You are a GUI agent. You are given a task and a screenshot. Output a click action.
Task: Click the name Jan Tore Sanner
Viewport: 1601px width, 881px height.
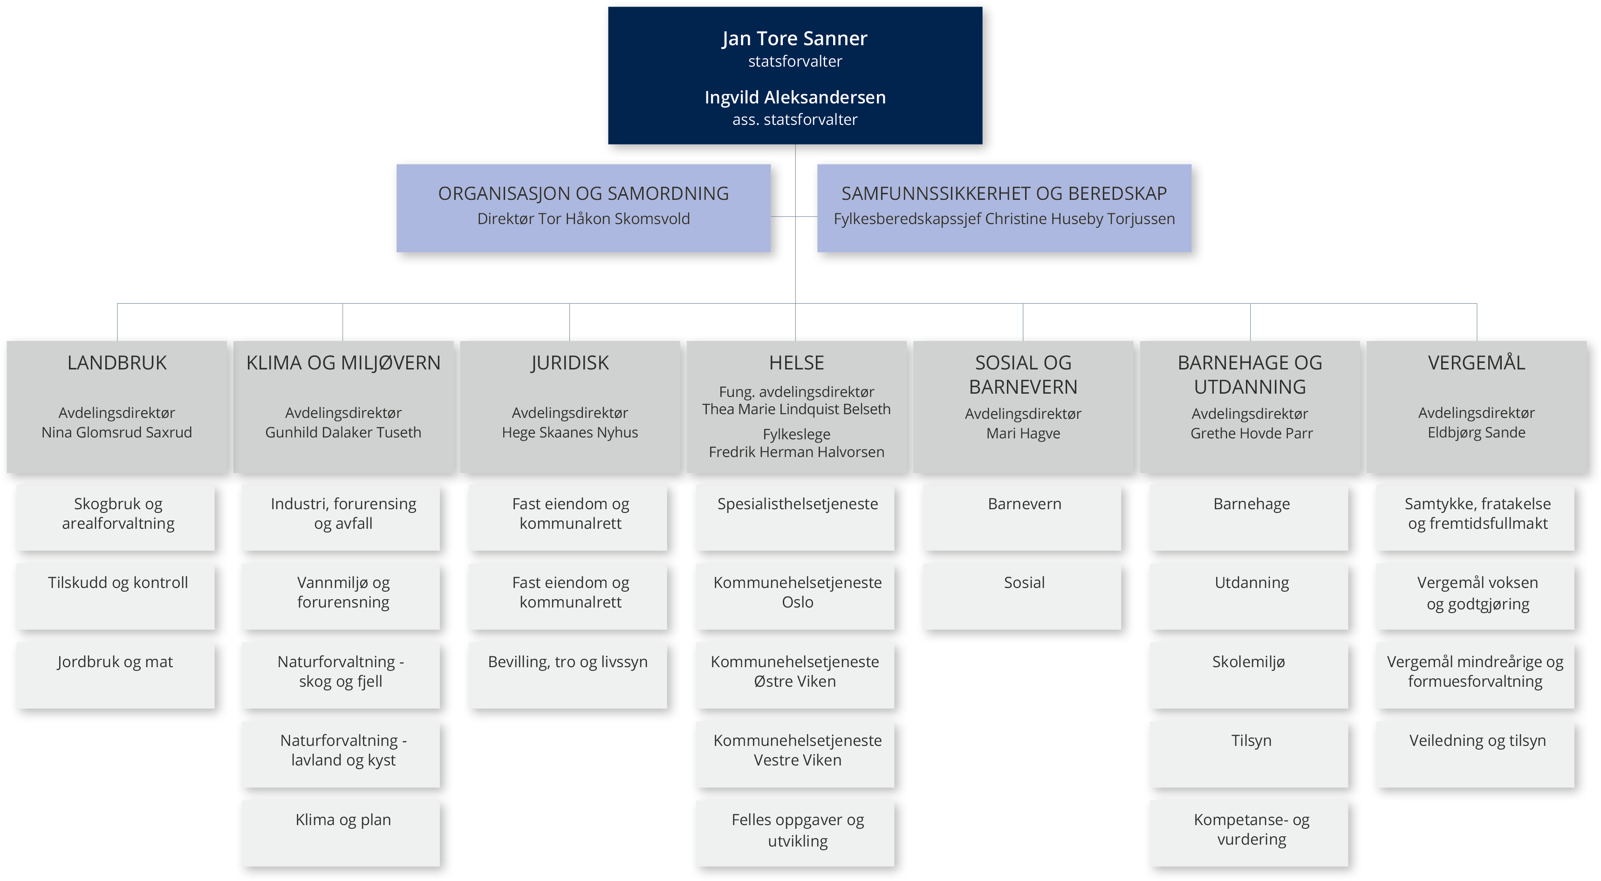coord(794,39)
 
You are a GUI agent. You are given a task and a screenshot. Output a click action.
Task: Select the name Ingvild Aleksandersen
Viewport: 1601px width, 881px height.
coord(795,97)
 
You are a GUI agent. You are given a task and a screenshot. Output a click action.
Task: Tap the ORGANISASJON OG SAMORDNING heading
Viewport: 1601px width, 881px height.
coord(583,193)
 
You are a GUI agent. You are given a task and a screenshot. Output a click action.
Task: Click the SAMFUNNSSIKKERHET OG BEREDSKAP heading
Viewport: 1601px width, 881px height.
coord(1004,193)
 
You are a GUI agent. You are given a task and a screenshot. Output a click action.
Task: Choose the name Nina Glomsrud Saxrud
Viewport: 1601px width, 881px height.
coord(117,432)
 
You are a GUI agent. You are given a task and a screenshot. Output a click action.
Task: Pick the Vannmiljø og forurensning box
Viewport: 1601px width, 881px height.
coord(342,596)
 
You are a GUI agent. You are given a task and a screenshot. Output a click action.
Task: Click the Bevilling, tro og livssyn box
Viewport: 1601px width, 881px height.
coord(568,676)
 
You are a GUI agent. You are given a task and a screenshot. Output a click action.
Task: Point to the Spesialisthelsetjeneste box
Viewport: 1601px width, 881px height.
coord(796,518)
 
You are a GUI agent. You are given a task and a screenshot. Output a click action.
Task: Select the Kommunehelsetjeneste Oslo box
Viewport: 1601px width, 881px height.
coord(796,596)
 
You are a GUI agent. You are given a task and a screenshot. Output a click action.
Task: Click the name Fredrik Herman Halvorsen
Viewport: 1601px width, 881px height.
coord(796,452)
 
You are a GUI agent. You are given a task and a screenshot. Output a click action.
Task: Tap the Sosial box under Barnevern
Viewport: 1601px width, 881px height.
coord(1023,596)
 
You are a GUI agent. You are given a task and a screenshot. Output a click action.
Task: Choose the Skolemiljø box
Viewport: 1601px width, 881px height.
coord(1250,676)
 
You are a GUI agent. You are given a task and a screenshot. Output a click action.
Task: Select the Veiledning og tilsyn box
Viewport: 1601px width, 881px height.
coord(1476,754)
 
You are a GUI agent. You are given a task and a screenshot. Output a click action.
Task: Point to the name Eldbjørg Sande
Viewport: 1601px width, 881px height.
coord(1476,432)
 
